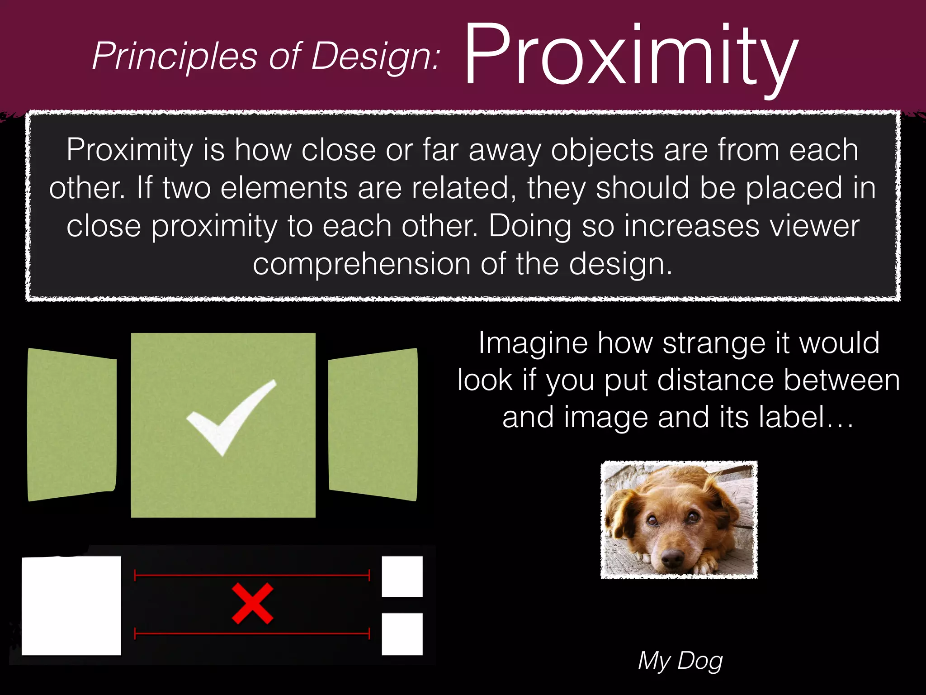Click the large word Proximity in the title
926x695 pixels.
click(631, 57)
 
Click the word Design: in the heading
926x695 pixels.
click(375, 57)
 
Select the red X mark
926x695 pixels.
click(252, 604)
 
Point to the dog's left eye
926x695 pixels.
click(652, 520)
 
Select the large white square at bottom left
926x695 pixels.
click(71, 605)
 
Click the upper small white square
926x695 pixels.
click(402, 576)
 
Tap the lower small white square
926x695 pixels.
click(402, 634)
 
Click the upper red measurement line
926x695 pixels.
click(252, 576)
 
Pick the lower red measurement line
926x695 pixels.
click(252, 633)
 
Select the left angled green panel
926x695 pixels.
click(71, 424)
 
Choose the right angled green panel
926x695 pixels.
click(373, 424)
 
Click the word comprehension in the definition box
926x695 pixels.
click(362, 264)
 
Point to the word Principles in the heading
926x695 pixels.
click(175, 57)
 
